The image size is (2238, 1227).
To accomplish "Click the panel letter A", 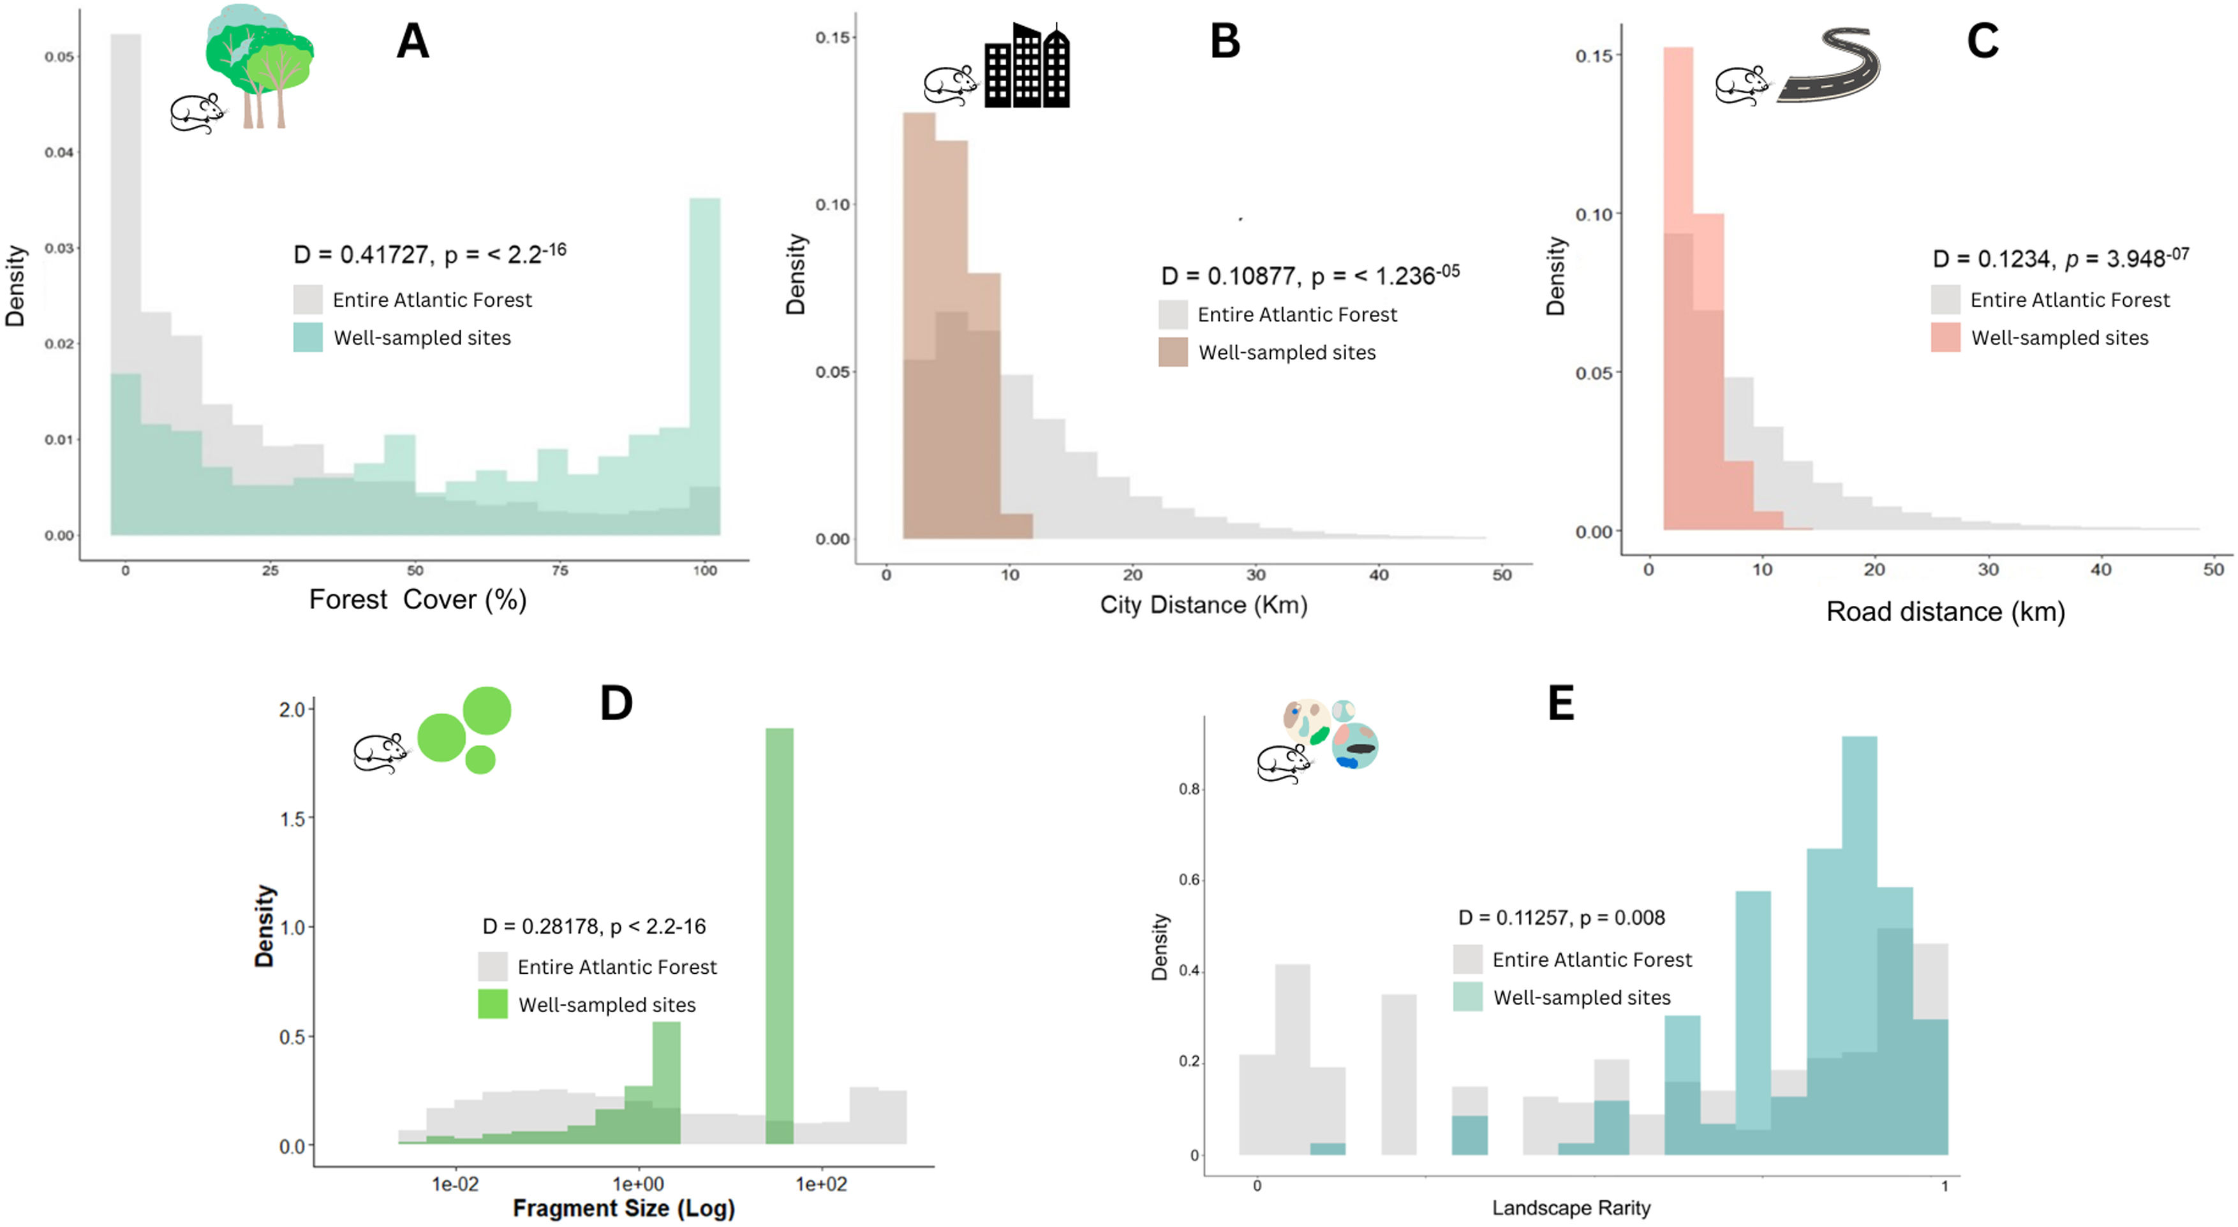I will point(413,41).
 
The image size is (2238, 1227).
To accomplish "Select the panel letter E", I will point(1560,703).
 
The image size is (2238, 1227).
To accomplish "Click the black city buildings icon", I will point(1027,66).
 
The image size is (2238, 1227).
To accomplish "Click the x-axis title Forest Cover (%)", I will point(418,599).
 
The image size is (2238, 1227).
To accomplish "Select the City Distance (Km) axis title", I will point(1203,605).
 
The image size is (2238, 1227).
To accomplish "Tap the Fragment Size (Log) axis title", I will point(624,1208).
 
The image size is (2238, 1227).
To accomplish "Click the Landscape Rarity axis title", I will point(1571,1207).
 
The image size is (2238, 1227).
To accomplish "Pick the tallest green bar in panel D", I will point(780,929).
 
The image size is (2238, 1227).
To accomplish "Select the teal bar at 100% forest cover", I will point(704,348).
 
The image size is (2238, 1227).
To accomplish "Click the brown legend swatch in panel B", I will point(1173,351).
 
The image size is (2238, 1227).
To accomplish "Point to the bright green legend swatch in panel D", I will point(493,1004).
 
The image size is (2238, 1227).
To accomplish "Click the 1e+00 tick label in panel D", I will point(638,1184).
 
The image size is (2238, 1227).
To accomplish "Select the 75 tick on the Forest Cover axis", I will point(559,571).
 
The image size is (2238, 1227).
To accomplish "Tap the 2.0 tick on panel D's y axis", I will point(292,709).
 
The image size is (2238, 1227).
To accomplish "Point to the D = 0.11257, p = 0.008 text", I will point(1561,918).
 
